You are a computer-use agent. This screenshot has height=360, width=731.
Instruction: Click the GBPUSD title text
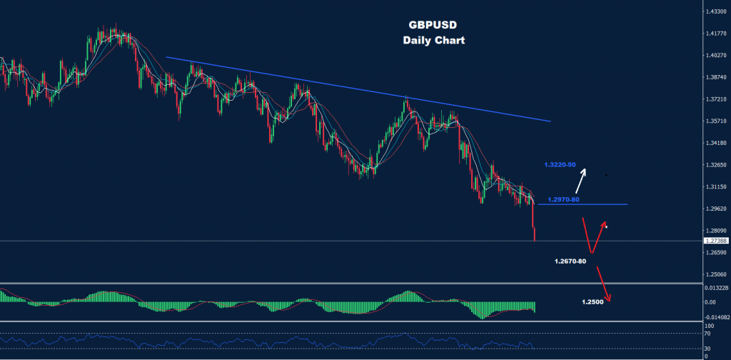pos(433,24)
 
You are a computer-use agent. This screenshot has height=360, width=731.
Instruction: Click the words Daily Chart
pos(433,40)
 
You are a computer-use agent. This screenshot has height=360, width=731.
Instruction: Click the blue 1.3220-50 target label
pos(560,165)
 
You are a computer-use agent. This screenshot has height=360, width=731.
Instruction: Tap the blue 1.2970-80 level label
pos(564,199)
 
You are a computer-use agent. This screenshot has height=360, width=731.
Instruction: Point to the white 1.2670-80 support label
pos(570,261)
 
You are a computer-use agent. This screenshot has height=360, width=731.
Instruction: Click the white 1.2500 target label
pos(593,302)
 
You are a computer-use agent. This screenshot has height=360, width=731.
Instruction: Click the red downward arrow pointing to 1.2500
pos(604,283)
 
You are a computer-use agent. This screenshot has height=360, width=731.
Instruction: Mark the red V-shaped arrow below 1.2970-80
pos(593,236)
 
